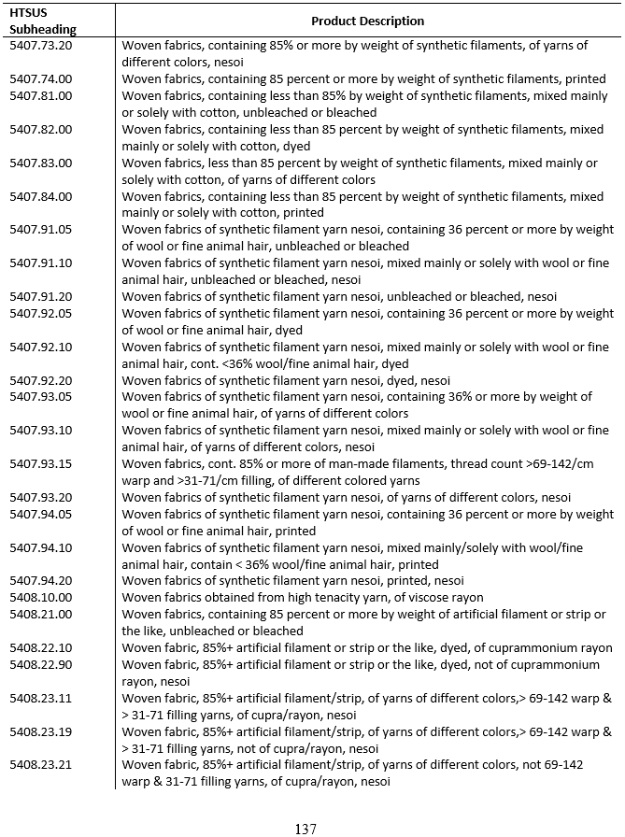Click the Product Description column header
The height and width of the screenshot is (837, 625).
pyautogui.click(x=367, y=21)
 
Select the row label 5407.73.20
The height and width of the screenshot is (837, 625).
pyautogui.click(x=40, y=45)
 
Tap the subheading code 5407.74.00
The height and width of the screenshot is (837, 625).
pyautogui.click(x=40, y=78)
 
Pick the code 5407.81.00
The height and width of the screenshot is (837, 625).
pyautogui.click(x=40, y=95)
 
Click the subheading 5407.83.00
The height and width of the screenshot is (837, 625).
pyautogui.click(x=40, y=163)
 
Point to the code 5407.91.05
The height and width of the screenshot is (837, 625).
pyautogui.click(x=40, y=230)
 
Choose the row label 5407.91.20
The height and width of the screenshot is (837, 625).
pyautogui.click(x=40, y=297)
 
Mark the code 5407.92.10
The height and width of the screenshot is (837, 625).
pyautogui.click(x=40, y=348)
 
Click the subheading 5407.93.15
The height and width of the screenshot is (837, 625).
pyautogui.click(x=40, y=464)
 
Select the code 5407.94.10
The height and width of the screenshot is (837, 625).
pyautogui.click(x=40, y=547)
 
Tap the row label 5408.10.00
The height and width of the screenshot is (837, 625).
pyautogui.click(x=40, y=598)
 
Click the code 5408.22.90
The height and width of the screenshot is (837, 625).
pyautogui.click(x=40, y=665)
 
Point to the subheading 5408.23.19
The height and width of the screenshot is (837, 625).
pyautogui.click(x=40, y=731)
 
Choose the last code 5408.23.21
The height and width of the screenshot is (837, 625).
pyautogui.click(x=40, y=765)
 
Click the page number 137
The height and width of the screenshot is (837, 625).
pyautogui.click(x=305, y=829)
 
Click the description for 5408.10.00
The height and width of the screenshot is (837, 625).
pyautogui.click(x=303, y=598)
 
